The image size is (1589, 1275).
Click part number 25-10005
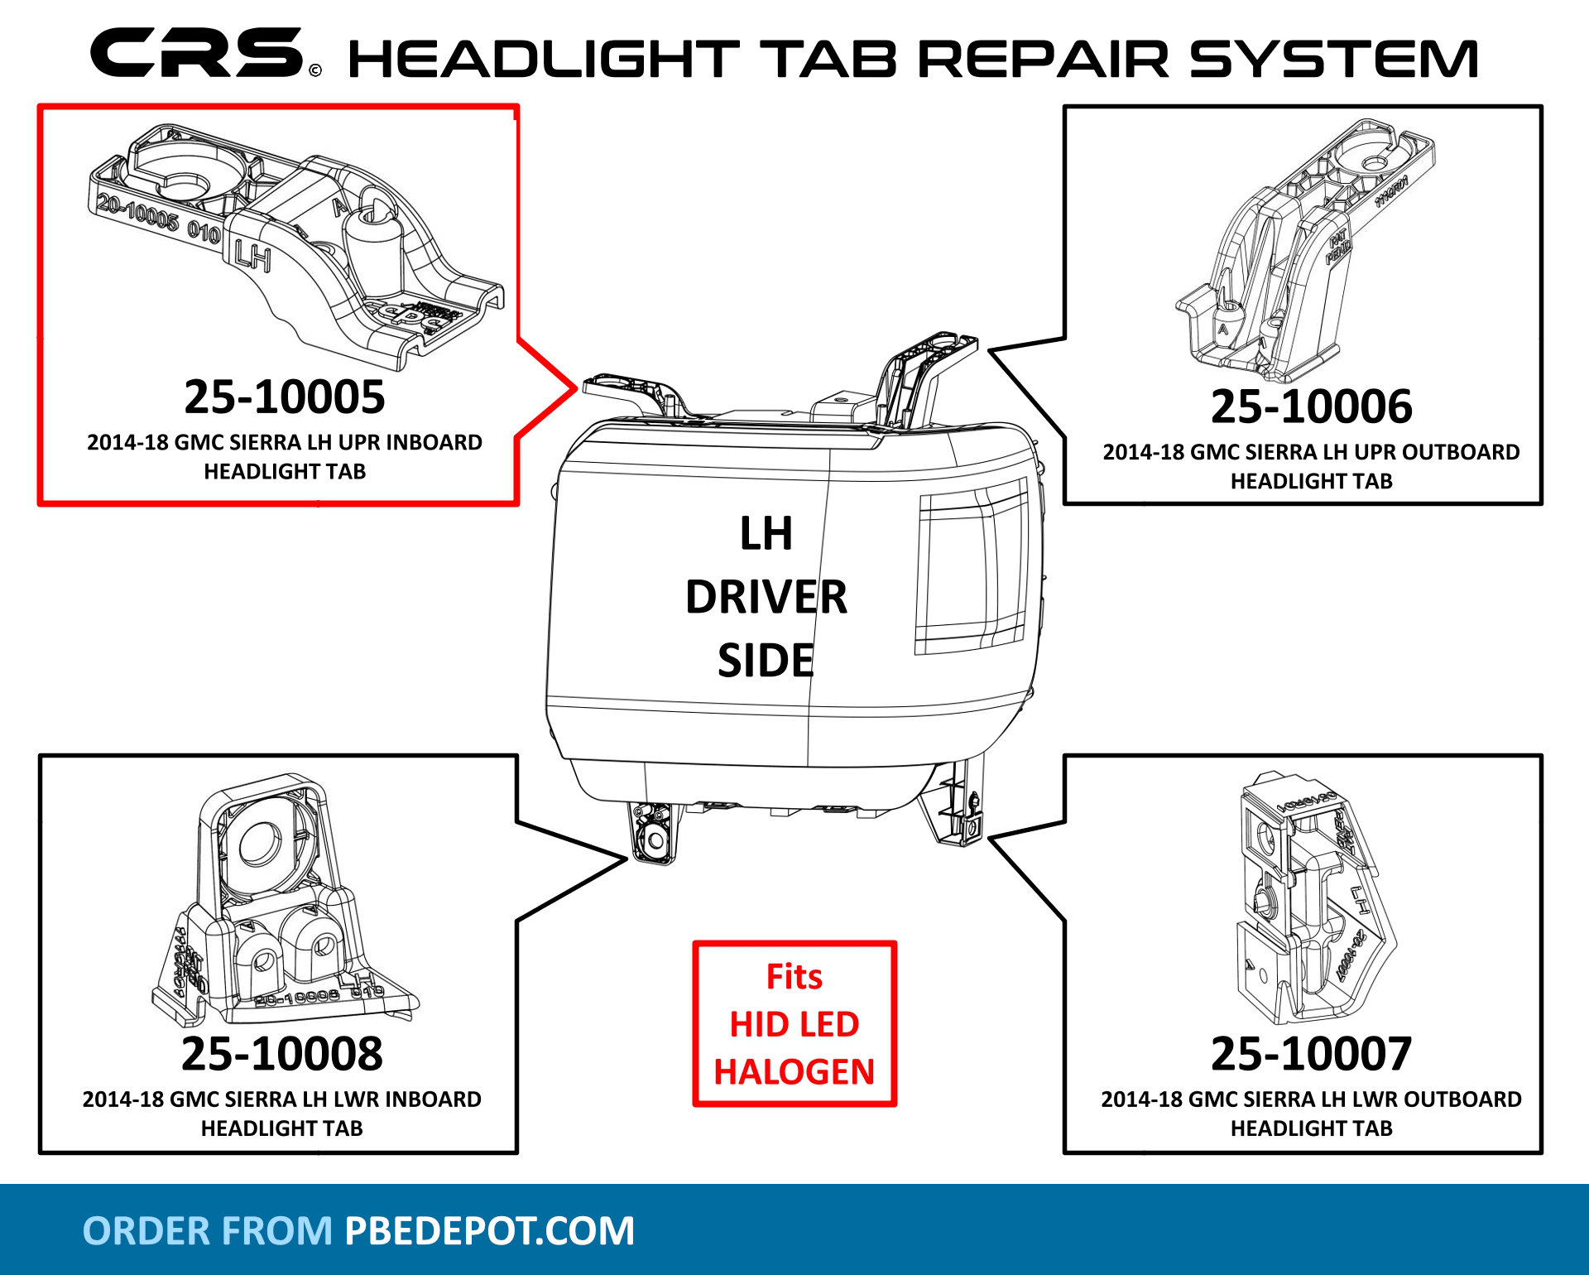pyautogui.click(x=284, y=397)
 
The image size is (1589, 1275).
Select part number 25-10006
pyautogui.click(x=1311, y=407)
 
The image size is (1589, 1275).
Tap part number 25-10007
pyautogui.click(x=1311, y=1054)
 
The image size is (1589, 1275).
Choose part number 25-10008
pyautogui.click(x=281, y=1054)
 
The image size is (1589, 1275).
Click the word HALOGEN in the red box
pyautogui.click(x=794, y=1072)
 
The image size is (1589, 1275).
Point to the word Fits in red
pyautogui.click(x=794, y=977)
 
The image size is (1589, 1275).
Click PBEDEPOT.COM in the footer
pyautogui.click(x=489, y=1231)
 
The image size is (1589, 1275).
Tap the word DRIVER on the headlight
pyautogui.click(x=766, y=597)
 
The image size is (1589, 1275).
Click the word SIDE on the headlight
pyautogui.click(x=766, y=661)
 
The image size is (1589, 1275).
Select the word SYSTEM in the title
pyautogui.click(x=1333, y=60)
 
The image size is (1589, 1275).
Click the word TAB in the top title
pyautogui.click(x=828, y=60)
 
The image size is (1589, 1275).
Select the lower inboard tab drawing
pyautogui.click(x=281, y=902)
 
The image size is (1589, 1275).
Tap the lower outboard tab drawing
pyautogui.click(x=1308, y=898)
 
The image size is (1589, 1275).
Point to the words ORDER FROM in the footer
pyautogui.click(x=207, y=1231)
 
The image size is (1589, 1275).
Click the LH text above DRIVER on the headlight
pyautogui.click(x=766, y=533)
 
